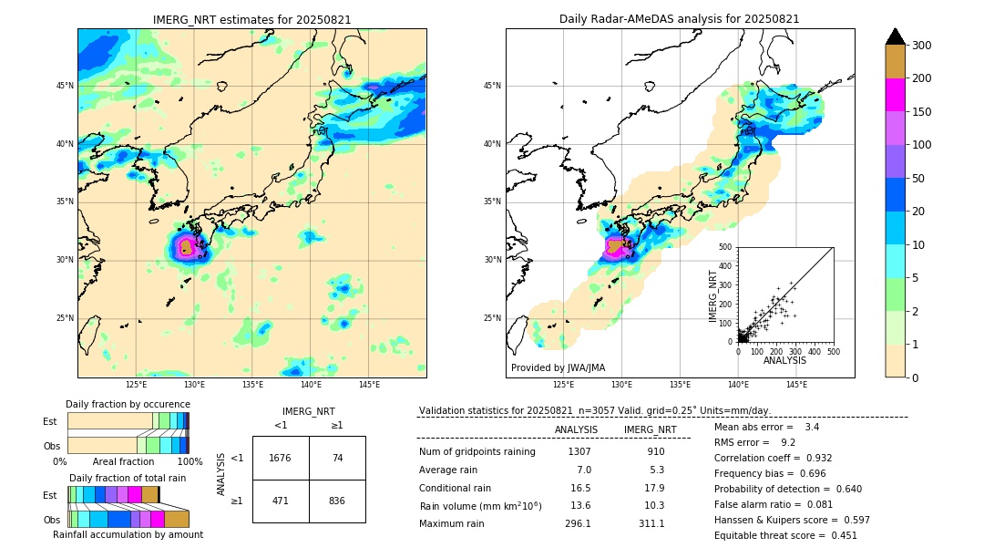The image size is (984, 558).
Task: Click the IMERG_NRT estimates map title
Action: [x=251, y=19]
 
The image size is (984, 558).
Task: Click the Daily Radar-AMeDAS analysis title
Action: [x=680, y=19]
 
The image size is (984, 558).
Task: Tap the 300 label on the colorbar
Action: [x=923, y=45]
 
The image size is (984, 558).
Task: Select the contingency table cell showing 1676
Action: [x=281, y=458]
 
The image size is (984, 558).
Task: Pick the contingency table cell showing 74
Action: [x=337, y=458]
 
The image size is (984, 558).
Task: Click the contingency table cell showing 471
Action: [x=281, y=501]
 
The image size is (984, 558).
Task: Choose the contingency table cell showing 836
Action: [x=337, y=501]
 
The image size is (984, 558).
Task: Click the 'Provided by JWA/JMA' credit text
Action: [x=558, y=368]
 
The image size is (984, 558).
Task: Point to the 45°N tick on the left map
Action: [x=65, y=86]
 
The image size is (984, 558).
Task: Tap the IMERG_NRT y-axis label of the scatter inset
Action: [x=713, y=295]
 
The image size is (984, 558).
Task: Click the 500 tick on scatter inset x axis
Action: [x=833, y=350]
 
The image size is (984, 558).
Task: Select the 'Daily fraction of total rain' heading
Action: [x=128, y=478]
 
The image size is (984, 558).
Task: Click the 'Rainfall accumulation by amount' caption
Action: [x=128, y=534]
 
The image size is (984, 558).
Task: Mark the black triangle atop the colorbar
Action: [x=896, y=36]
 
